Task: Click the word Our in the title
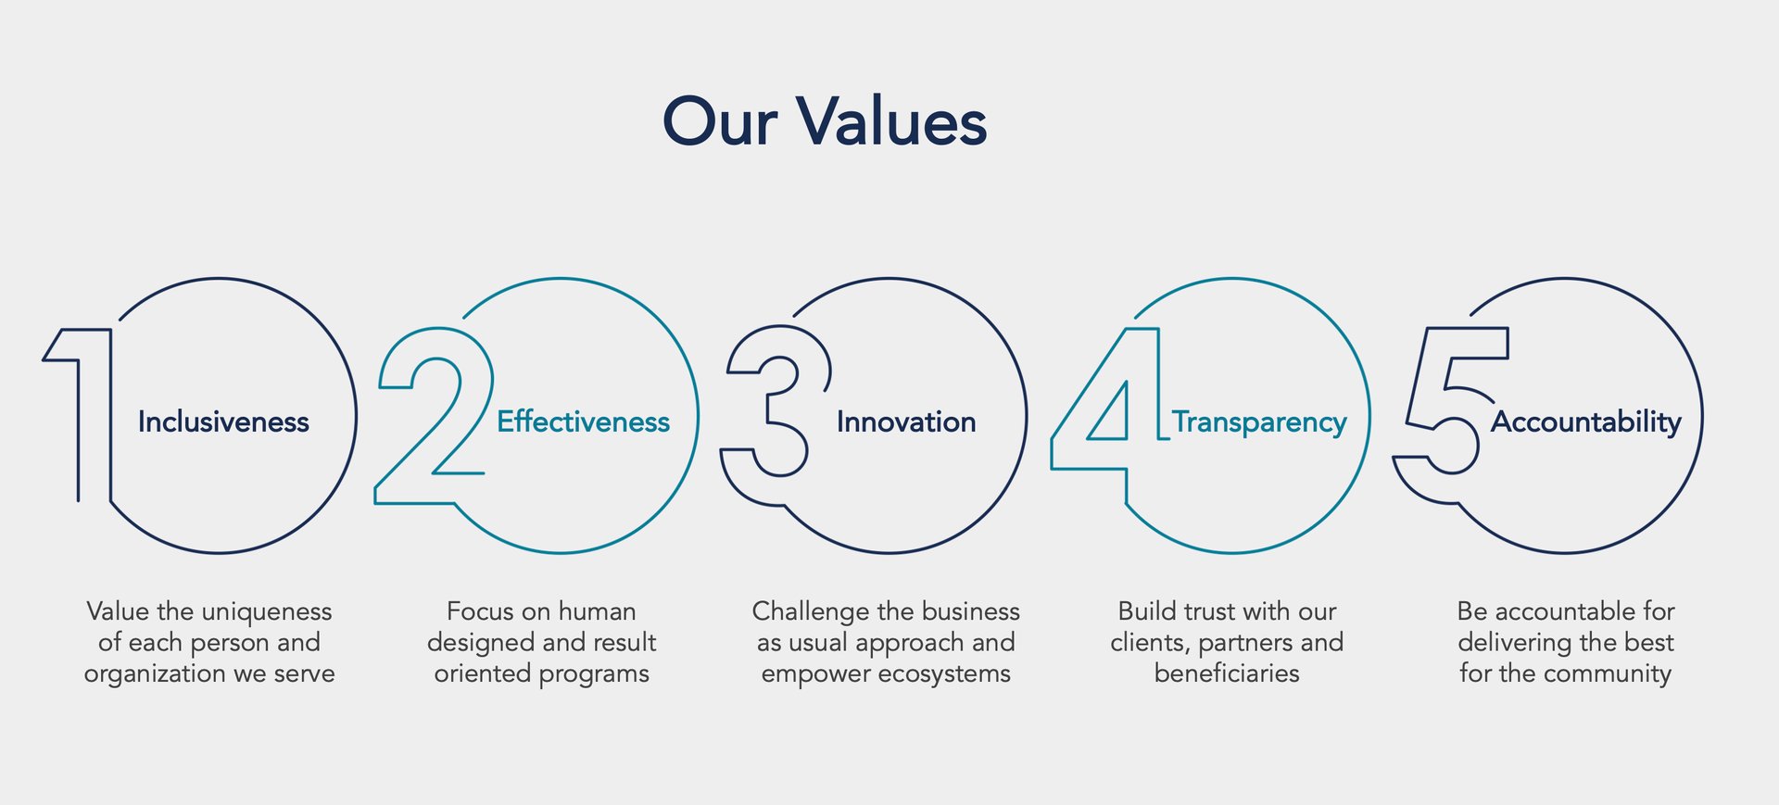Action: click(720, 121)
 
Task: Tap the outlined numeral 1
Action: click(109, 417)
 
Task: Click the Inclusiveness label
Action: click(223, 422)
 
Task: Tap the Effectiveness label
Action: click(583, 422)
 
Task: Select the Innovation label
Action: click(906, 422)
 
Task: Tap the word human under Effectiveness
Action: click(598, 611)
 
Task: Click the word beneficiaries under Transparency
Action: click(1227, 673)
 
